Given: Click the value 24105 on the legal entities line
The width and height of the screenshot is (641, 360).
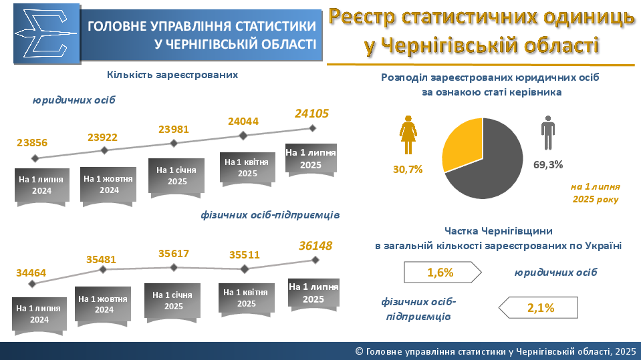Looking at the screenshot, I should point(312,114).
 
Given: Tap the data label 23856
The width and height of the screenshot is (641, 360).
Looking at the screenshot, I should point(32,143).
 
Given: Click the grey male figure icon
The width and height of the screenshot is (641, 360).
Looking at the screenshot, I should point(548,132).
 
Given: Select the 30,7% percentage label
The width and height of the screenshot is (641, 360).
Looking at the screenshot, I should point(408,169).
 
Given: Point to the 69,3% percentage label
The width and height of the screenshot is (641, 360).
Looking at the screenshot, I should point(548,164).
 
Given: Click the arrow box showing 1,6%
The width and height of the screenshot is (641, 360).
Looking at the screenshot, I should point(442,272).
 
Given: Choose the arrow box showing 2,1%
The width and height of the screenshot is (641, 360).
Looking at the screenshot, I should point(540,308).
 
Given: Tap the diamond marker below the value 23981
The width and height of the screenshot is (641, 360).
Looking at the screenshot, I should point(174,143).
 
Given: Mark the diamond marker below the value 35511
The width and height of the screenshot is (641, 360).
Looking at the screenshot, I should point(245,268).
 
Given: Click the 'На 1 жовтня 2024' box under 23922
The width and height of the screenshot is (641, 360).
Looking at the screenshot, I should point(109,184).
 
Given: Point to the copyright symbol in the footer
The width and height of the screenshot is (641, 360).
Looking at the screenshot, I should point(359,351).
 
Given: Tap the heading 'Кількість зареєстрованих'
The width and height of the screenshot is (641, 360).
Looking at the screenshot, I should point(172,75).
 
